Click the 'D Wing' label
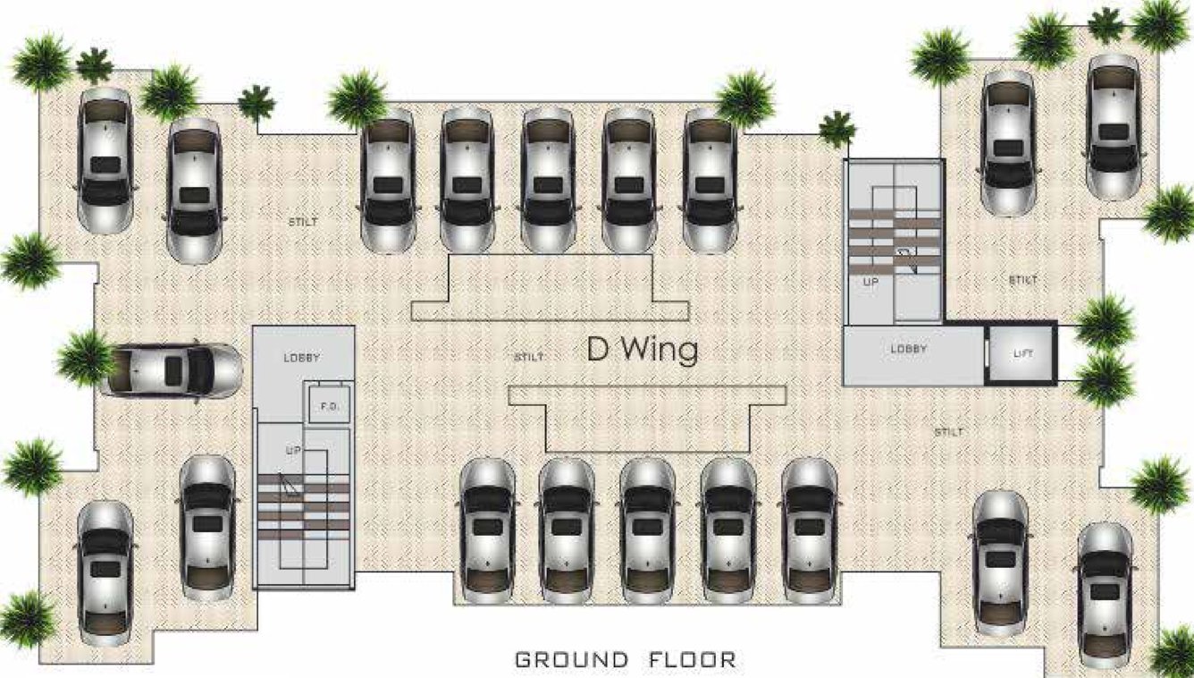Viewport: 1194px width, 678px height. (642, 349)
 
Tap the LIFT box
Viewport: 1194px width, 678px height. (1022, 354)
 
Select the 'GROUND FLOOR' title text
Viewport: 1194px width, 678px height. (626, 660)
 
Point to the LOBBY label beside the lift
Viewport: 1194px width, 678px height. (908, 349)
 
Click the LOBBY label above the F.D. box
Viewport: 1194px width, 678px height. (302, 358)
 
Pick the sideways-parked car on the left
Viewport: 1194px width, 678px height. (172, 369)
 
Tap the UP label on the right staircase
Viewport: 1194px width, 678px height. (871, 282)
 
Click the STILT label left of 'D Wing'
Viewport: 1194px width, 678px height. (529, 358)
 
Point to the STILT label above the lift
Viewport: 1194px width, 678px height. (1022, 280)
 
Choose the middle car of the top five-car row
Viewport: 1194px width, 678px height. (548, 180)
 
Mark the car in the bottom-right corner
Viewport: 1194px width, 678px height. (1106, 596)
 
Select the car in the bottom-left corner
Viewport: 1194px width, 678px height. (105, 572)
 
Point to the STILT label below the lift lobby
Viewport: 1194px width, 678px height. (949, 432)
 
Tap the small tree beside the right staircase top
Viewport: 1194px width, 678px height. (837, 128)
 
